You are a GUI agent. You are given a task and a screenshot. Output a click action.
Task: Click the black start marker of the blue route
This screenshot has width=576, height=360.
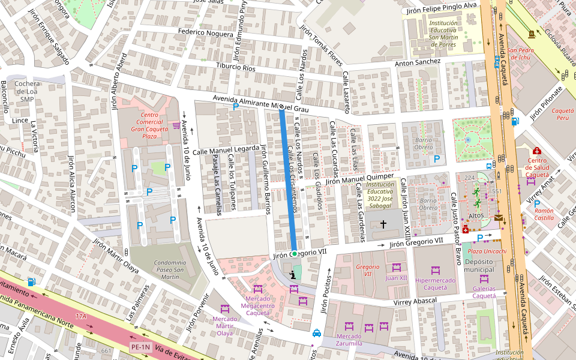281,107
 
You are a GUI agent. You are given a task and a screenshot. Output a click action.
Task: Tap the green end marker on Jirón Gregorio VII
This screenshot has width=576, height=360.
294,254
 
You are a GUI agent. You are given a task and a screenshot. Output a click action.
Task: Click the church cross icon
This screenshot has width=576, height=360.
383,224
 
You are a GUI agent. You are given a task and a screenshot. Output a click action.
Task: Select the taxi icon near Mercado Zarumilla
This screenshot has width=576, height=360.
316,332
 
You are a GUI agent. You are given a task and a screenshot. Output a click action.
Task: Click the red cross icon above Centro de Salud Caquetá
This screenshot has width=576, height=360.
536,151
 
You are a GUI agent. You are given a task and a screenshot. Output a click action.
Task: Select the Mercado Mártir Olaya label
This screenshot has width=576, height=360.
225,326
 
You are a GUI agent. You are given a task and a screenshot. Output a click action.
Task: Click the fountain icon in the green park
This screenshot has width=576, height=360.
468,139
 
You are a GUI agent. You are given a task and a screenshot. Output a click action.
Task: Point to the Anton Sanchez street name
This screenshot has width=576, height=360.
418,62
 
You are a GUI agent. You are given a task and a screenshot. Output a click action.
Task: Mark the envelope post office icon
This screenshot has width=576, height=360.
499,218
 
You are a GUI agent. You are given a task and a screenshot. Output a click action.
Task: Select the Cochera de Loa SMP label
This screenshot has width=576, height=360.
27,91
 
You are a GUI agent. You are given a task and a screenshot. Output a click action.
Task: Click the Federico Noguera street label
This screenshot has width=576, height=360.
205,34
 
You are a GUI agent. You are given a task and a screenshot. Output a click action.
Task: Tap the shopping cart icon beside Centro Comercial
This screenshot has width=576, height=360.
176,125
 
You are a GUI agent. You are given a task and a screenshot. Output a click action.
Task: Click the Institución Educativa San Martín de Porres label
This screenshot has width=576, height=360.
443,34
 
